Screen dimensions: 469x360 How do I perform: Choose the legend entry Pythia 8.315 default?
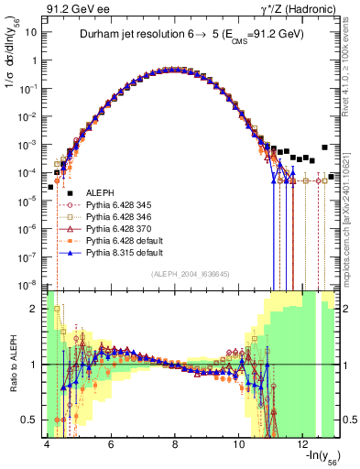click(121, 249)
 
